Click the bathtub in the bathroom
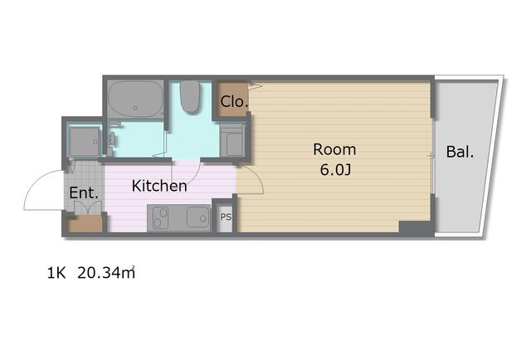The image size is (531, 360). (135, 100)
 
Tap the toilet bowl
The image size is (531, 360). (189, 96)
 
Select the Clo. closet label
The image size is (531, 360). (234, 101)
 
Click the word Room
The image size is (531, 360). (334, 149)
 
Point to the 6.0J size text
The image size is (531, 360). (335, 170)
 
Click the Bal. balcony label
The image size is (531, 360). (460, 152)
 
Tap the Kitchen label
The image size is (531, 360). (159, 186)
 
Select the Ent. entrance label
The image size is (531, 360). (84, 193)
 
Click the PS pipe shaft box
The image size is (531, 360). (226, 216)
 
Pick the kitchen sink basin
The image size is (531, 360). (198, 216)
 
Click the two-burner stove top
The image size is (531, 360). (160, 217)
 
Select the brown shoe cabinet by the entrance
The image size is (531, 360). (85, 224)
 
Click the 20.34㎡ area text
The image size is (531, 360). (106, 273)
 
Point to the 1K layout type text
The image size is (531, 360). (56, 273)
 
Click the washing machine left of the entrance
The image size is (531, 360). (85, 142)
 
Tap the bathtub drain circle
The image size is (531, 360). (135, 108)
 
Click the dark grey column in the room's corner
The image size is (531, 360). (416, 227)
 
